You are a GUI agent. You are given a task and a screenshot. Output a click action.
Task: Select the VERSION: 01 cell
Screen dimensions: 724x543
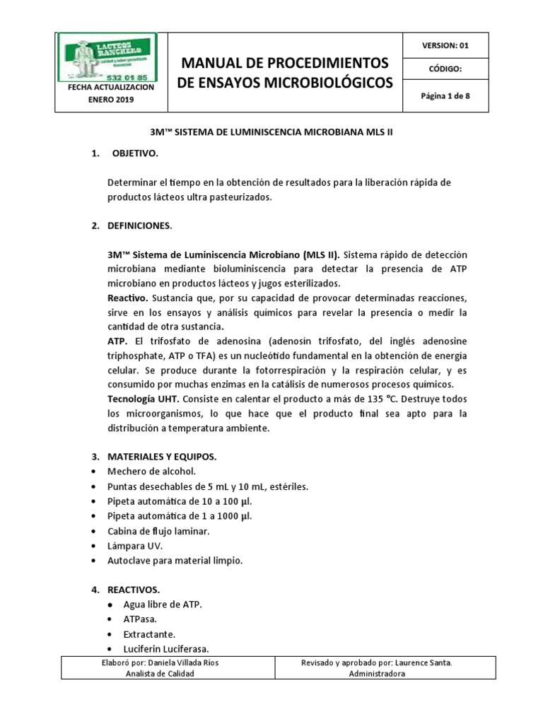pyautogui.click(x=445, y=45)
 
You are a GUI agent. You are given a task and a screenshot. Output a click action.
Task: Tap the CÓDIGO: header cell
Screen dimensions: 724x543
pyautogui.click(x=445, y=69)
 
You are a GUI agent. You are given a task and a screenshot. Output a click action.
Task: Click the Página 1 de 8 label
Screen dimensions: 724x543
pyautogui.click(x=445, y=97)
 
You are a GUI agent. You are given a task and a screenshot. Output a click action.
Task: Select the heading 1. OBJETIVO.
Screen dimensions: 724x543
pyautogui.click(x=134, y=154)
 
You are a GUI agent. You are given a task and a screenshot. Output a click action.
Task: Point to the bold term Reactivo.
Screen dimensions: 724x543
pyautogui.click(x=128, y=297)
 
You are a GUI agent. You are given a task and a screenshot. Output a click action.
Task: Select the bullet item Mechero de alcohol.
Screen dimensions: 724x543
pyautogui.click(x=150, y=472)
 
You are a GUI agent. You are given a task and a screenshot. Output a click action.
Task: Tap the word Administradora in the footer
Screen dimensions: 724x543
pyautogui.click(x=378, y=674)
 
